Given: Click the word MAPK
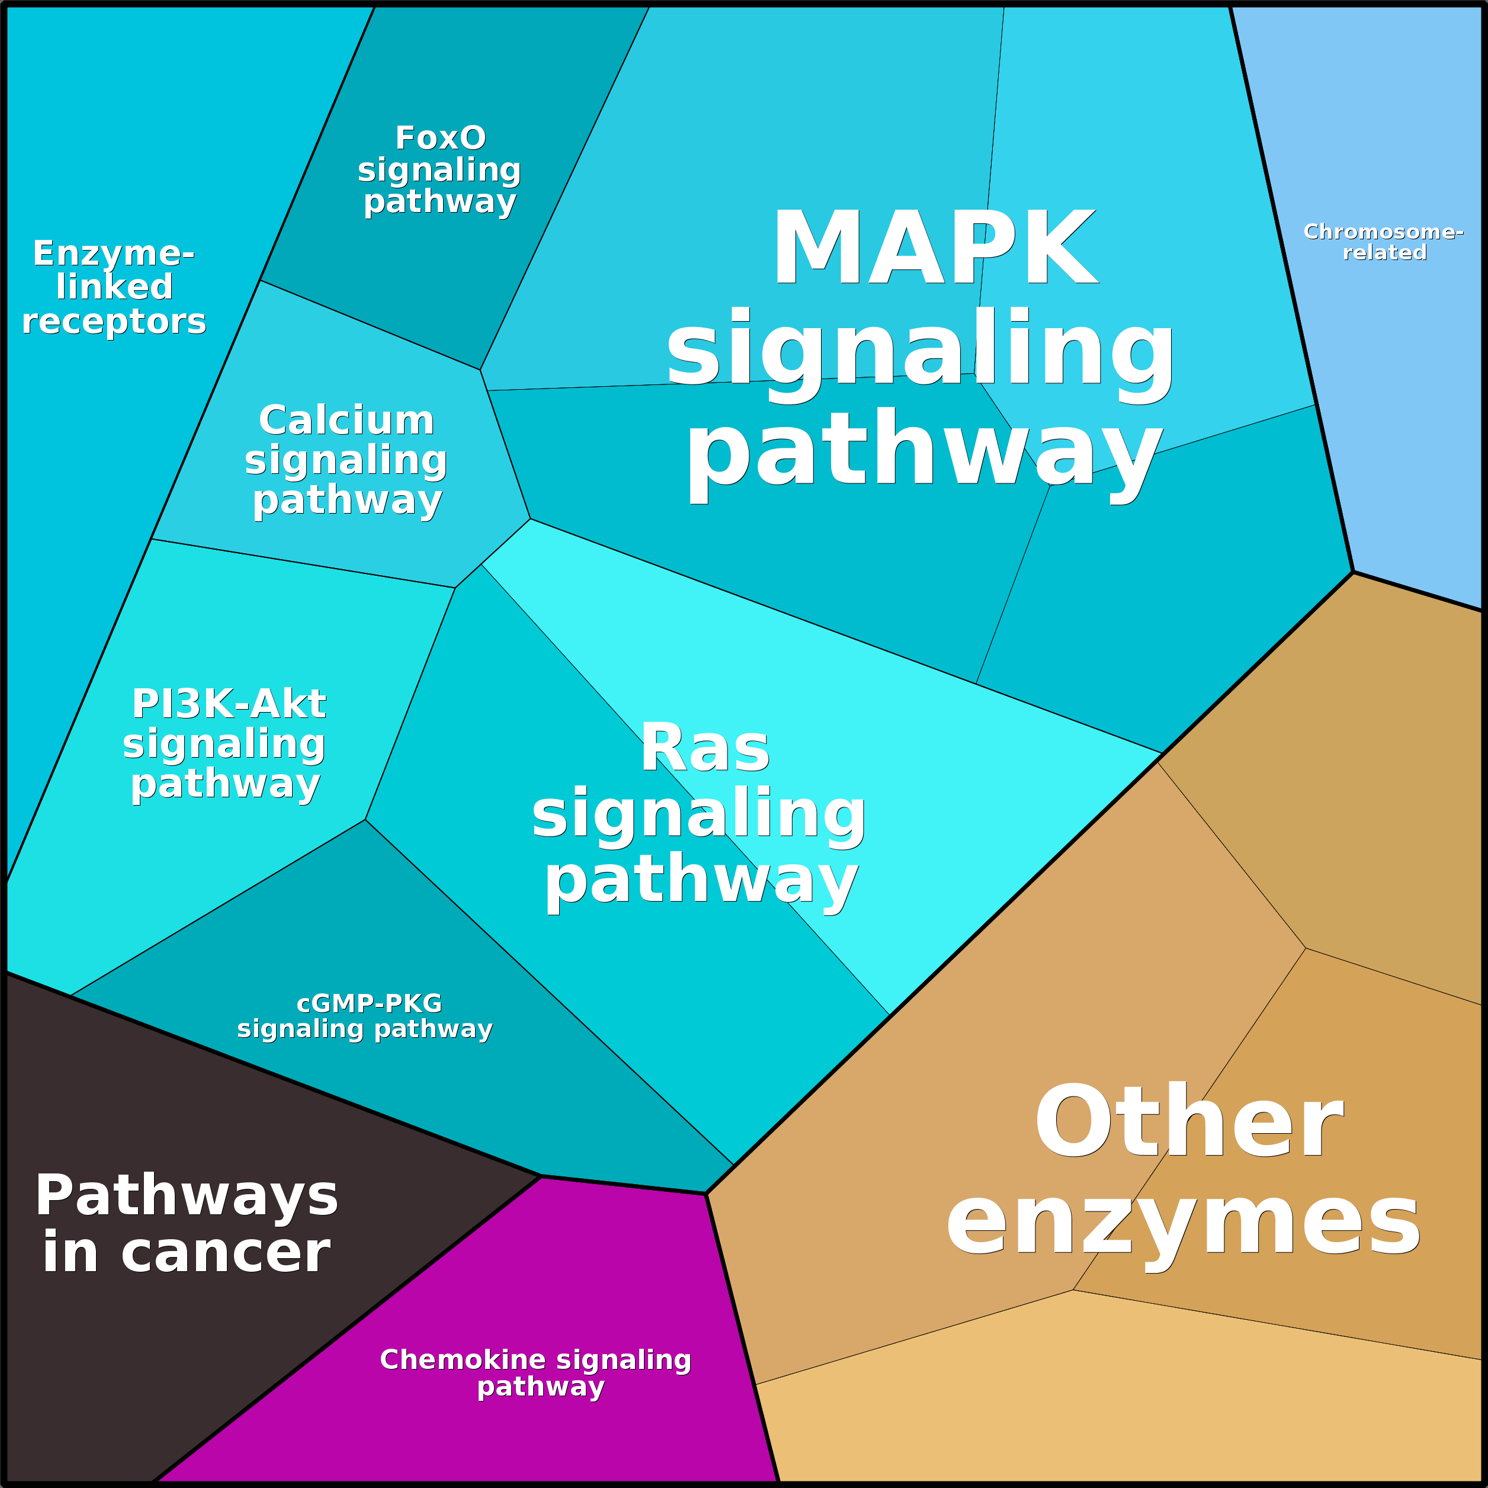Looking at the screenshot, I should (x=934, y=249).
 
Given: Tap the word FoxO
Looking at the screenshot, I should (x=441, y=139).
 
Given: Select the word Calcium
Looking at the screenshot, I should (x=347, y=421).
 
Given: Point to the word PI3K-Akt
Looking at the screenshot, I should (x=229, y=704).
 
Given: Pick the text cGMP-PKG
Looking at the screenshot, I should (x=369, y=1003).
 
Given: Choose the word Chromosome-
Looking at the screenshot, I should (x=1383, y=232).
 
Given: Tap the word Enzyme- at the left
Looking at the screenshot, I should (x=113, y=254).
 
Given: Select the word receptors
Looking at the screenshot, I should (x=114, y=321).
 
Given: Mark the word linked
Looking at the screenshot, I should (x=114, y=287).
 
